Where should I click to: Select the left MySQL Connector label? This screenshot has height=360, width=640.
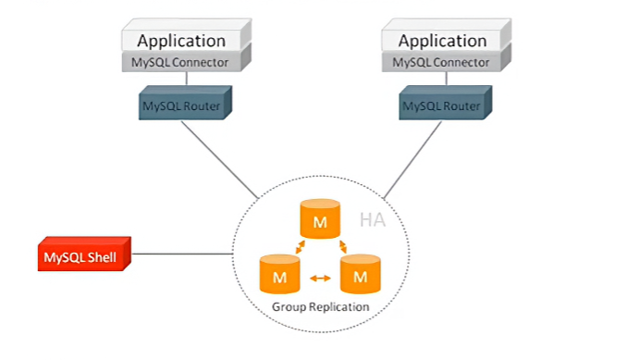[x=179, y=63]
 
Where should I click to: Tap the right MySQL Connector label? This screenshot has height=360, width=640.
[x=441, y=63]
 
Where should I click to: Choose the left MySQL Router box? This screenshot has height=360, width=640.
[x=185, y=103]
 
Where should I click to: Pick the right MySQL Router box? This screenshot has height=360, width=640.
[x=445, y=103]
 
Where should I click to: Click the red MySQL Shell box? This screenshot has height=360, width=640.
[x=84, y=254]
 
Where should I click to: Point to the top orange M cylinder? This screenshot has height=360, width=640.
[x=320, y=218]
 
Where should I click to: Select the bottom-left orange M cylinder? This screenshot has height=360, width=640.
[x=279, y=274]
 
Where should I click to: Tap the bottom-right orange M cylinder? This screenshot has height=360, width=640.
[x=361, y=274]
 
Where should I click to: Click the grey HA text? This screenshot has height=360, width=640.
[x=372, y=220]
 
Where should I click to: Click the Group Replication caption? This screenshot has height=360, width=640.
[x=320, y=307]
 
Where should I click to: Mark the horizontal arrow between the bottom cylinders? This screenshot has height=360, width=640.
[x=320, y=279]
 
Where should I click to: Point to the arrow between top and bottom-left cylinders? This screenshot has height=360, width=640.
[x=301, y=247]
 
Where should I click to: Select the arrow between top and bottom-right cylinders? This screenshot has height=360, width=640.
[x=343, y=246]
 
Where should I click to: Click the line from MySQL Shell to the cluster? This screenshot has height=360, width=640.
[x=182, y=254]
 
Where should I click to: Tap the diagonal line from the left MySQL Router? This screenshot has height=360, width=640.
[x=220, y=160]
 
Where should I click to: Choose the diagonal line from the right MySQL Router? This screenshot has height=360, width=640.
[x=412, y=160]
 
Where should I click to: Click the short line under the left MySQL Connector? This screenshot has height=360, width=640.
[x=187, y=79]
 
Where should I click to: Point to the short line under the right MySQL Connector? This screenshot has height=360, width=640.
[x=446, y=79]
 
